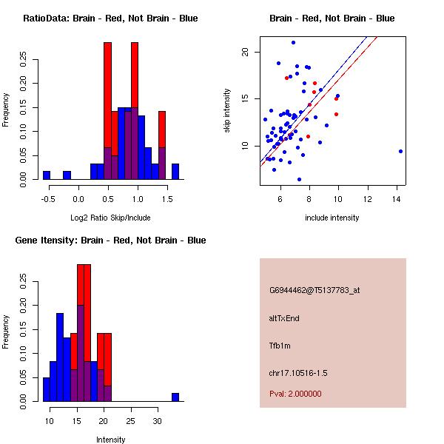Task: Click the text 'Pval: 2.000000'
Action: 295,394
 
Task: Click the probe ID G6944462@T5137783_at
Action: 314,291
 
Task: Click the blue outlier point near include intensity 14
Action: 400,151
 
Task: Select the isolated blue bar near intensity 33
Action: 175,397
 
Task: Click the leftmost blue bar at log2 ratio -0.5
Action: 47,175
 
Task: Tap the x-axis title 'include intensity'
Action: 332,218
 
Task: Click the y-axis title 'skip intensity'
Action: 227,111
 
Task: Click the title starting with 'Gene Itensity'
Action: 110,240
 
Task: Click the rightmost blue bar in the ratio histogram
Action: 175,171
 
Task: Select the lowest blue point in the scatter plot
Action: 299,179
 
